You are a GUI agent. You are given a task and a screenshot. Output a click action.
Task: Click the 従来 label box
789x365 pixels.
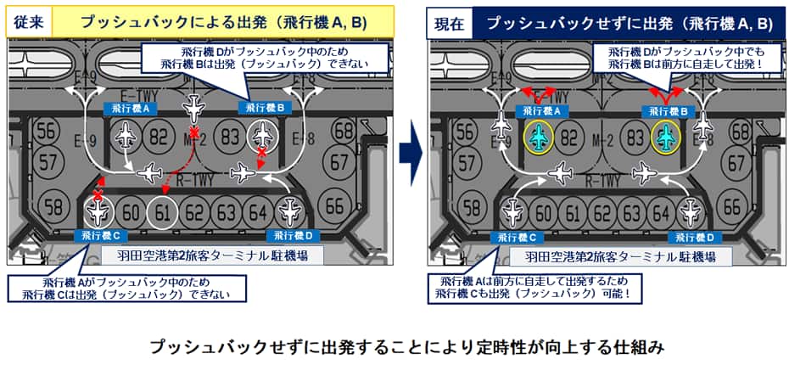[29, 24]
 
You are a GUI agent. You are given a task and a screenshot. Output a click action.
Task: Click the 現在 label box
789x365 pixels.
[450, 24]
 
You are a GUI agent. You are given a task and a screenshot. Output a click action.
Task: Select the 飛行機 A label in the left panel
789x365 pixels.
[129, 107]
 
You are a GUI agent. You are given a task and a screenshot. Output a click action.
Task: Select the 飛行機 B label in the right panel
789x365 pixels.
[665, 111]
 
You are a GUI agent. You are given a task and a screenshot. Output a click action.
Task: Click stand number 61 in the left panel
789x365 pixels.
[162, 213]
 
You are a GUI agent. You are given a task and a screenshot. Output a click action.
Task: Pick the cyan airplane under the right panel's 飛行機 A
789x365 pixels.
[539, 137]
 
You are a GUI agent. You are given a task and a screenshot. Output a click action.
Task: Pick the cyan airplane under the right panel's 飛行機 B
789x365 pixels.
[667, 137]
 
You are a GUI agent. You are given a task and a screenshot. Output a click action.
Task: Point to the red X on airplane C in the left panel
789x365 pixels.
[98, 195]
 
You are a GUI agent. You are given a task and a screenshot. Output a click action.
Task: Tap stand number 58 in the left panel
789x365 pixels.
[53, 207]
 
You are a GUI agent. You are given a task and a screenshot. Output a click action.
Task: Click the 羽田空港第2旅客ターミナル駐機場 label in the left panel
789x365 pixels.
[212, 255]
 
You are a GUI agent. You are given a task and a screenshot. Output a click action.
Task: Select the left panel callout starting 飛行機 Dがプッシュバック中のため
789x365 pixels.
[266, 59]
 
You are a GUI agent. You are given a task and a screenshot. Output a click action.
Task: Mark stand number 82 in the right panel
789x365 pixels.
[568, 137]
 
